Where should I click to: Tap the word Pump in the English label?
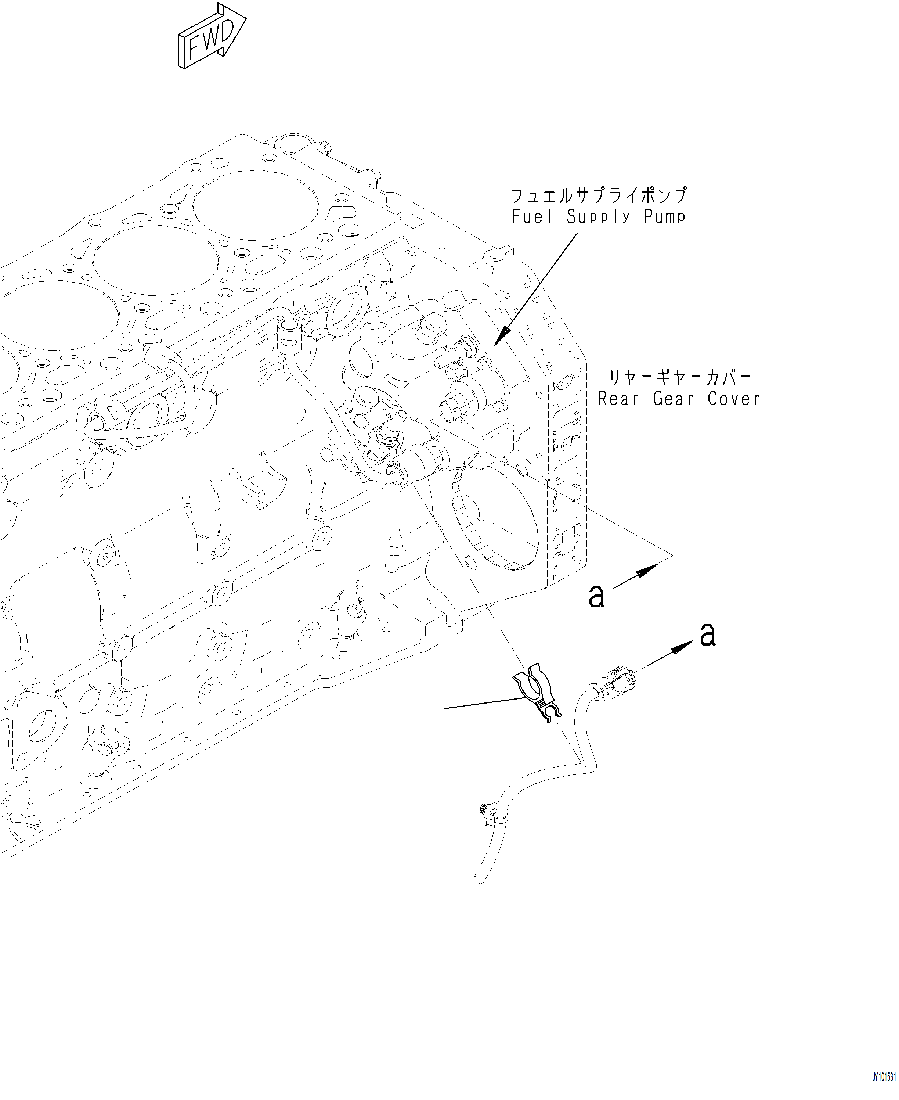[664, 216]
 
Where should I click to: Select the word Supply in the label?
[598, 216]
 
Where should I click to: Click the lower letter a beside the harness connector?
[707, 635]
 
